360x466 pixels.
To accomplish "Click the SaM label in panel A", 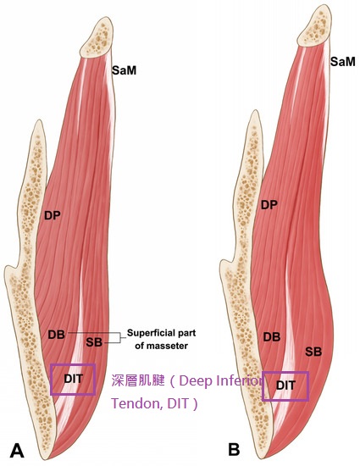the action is click(x=124, y=70).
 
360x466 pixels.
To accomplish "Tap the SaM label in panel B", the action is click(x=343, y=62).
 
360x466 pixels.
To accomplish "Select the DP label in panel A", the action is click(x=53, y=215).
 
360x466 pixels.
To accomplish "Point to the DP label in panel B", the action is click(x=269, y=205).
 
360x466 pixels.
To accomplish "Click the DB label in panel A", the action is click(x=57, y=335).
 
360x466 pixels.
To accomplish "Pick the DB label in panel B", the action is click(x=272, y=337).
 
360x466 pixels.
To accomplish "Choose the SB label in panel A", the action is click(x=94, y=342).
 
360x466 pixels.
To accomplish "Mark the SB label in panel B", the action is click(x=313, y=352).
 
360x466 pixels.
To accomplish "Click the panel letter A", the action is click(x=17, y=451).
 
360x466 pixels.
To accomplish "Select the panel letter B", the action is click(x=234, y=449).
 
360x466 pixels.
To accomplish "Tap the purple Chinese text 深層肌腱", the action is click(x=137, y=380).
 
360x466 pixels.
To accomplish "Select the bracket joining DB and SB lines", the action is click(x=120, y=337).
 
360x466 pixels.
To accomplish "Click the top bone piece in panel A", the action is click(x=97, y=37).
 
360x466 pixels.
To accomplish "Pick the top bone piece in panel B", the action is click(x=314, y=26).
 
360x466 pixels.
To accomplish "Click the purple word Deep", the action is click(x=195, y=381).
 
